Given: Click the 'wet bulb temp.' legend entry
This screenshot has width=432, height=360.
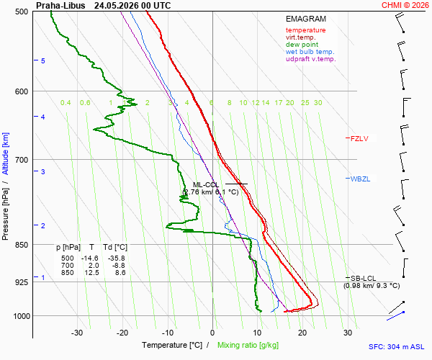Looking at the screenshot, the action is click(310, 52).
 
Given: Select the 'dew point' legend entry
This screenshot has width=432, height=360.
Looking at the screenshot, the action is click(302, 45).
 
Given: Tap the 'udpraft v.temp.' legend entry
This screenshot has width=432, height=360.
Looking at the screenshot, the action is click(311, 59).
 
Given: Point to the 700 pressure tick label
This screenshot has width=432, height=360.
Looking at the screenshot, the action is click(22, 160).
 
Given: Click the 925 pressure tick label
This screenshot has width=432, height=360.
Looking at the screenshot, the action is click(22, 282).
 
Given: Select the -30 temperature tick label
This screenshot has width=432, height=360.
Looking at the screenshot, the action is click(77, 333).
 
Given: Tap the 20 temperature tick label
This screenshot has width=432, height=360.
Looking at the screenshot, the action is click(302, 333).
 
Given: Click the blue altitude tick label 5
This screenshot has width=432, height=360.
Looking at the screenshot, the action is click(43, 61).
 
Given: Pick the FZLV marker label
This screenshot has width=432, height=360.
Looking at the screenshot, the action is click(359, 138).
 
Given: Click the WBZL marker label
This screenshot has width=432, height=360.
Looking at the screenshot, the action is click(360, 179).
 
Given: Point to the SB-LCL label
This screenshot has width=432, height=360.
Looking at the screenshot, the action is click(363, 278).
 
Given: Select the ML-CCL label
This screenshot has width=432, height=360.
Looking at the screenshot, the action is click(205, 185).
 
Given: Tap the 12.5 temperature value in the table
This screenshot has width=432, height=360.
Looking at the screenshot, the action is click(91, 273).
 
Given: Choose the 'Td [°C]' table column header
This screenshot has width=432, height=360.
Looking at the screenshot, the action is click(115, 248).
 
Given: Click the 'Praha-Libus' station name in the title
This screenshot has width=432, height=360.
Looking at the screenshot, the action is click(60, 6).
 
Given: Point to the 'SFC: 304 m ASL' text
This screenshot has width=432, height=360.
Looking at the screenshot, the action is click(397, 347).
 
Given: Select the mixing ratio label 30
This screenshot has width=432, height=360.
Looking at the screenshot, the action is click(318, 103).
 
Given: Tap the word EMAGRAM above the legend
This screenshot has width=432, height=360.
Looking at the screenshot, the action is click(306, 19).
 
